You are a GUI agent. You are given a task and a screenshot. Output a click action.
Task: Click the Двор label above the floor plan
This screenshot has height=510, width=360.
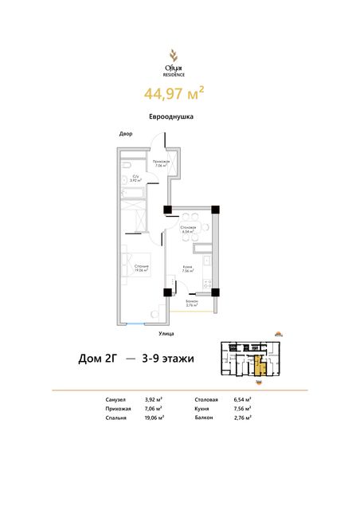126,134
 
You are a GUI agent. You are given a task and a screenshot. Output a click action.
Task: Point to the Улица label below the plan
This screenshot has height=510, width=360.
166,332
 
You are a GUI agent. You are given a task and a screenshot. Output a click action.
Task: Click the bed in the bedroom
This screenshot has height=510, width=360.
134,269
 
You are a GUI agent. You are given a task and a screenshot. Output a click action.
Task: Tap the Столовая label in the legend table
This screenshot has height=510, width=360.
207,398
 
